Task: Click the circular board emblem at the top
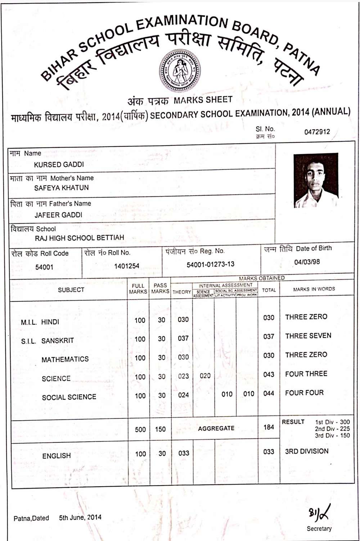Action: [x=180, y=71]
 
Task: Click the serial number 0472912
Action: [x=317, y=132]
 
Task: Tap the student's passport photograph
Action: [x=316, y=180]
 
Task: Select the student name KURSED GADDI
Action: [x=59, y=165]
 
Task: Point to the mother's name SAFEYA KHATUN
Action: [x=61, y=188]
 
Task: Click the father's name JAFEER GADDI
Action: [x=58, y=215]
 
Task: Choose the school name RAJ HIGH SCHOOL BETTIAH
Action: [x=79, y=238]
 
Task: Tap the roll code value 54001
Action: [x=44, y=267]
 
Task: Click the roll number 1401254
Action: [x=127, y=266]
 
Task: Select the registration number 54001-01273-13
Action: [x=210, y=264]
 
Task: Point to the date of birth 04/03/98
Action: [x=307, y=262]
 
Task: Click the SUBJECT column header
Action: [x=71, y=290]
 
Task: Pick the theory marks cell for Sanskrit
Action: [x=183, y=338]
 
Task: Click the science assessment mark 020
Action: [x=205, y=376]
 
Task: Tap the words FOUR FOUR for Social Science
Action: [x=304, y=393]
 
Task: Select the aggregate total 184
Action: [x=269, y=427]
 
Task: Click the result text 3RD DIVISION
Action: [x=307, y=451]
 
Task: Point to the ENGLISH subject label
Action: [x=57, y=456]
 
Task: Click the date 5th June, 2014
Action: [x=80, y=518]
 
